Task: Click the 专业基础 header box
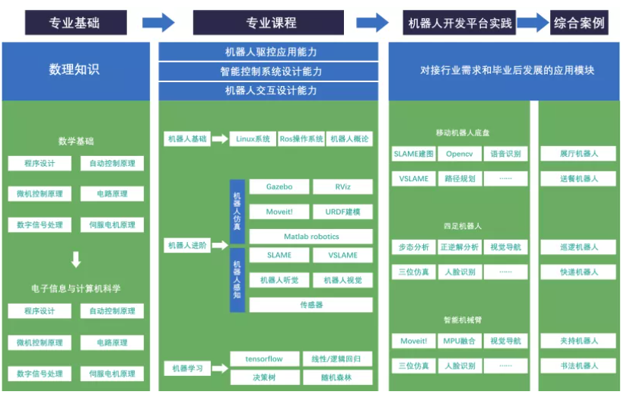75,23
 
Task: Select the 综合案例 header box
581,23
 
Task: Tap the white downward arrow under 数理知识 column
75,260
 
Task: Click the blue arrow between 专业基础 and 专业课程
158,23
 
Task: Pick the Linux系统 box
253,139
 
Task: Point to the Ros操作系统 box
301,139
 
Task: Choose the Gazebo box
279,187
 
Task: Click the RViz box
342,187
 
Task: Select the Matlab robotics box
311,237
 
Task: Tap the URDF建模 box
342,212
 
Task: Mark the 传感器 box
311,304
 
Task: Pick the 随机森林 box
337,377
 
